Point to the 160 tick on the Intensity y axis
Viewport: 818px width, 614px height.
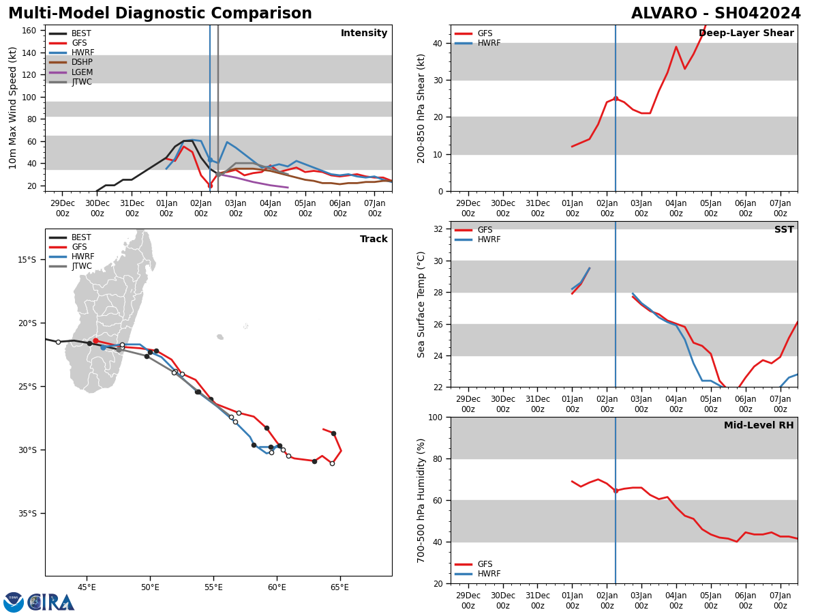pos(29,31)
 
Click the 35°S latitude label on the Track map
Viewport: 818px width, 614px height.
pos(27,514)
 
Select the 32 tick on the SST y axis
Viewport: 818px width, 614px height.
pos(439,229)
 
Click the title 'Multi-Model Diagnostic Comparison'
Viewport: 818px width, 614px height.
pos(160,14)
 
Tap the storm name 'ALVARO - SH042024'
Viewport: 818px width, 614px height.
pos(716,14)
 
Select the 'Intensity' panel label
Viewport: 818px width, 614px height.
pos(364,33)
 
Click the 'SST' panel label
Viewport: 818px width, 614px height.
pos(784,230)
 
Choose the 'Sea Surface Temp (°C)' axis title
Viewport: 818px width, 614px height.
pos(422,304)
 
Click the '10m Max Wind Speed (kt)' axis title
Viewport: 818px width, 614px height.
pos(13,108)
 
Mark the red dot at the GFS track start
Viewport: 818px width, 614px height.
pos(95,340)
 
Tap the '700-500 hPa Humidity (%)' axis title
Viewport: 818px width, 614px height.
pos(422,500)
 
